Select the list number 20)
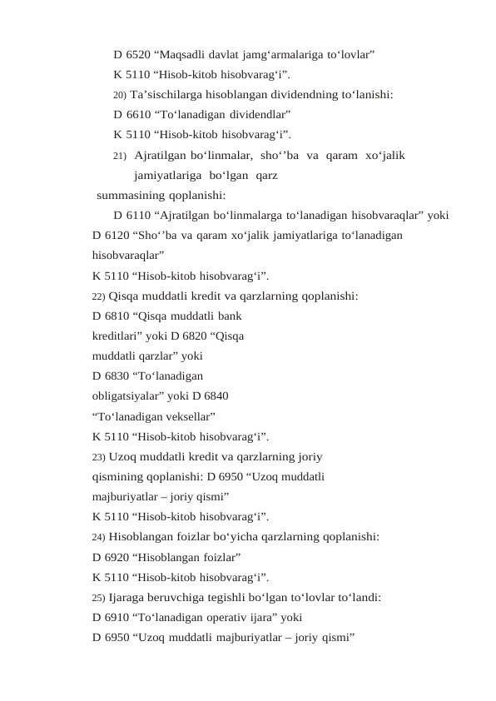pos(120,94)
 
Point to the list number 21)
pos(120,155)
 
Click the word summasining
pos(128,196)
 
